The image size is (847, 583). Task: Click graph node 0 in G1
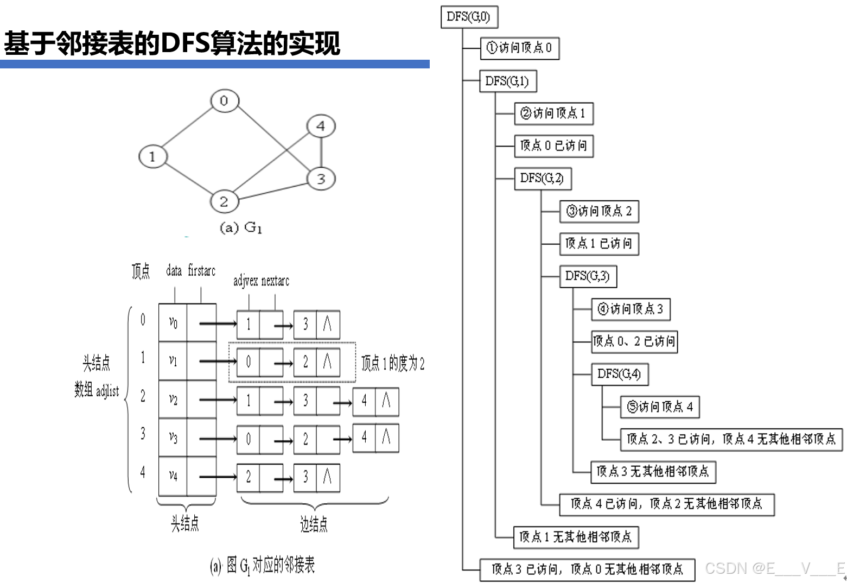(x=224, y=101)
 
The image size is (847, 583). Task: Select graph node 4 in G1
(x=321, y=126)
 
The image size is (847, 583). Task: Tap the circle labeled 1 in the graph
(x=152, y=157)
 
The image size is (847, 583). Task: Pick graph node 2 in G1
(x=224, y=201)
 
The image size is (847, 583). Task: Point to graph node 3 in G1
(x=321, y=179)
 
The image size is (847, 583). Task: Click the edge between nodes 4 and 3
(x=321, y=153)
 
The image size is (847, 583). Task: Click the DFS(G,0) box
(x=469, y=16)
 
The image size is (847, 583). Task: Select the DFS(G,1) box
(x=507, y=81)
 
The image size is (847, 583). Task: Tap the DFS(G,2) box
(x=542, y=178)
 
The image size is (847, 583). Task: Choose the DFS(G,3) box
(x=588, y=276)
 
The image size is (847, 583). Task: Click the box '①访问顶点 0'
(x=519, y=48)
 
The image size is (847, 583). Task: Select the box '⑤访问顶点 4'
(x=659, y=407)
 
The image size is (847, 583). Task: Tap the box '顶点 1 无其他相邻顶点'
(x=576, y=537)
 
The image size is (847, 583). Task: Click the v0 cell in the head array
(x=173, y=322)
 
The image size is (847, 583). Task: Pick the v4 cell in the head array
(x=173, y=476)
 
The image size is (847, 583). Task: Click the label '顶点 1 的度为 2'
(x=393, y=363)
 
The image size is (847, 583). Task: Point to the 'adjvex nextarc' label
(x=261, y=281)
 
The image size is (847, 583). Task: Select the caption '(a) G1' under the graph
(x=241, y=227)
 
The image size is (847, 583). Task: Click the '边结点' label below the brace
(x=314, y=524)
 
